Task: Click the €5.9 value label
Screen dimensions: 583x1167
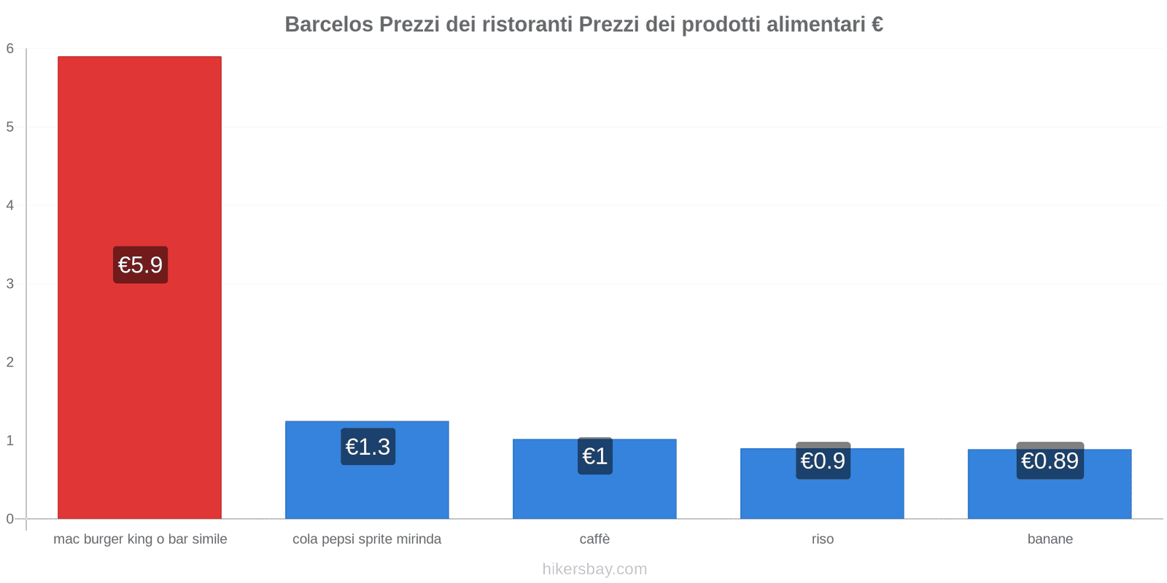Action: (x=141, y=265)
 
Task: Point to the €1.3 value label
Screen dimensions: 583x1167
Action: (x=368, y=447)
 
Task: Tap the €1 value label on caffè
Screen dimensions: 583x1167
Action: (x=595, y=456)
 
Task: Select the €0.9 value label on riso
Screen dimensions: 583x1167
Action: (x=823, y=461)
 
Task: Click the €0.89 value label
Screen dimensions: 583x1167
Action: (x=1050, y=461)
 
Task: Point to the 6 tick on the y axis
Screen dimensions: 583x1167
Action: (x=10, y=49)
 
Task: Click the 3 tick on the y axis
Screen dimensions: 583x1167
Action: (x=10, y=283)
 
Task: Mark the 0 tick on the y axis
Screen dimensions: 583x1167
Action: (x=10, y=519)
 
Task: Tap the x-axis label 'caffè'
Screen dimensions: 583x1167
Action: (x=594, y=539)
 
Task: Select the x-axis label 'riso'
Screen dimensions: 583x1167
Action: (x=822, y=539)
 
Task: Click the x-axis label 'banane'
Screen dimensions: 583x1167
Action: (x=1050, y=539)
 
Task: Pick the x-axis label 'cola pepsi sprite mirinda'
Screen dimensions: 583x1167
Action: (x=367, y=539)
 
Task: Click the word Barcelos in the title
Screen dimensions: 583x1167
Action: (x=329, y=25)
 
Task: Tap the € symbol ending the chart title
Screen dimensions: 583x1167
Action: (x=877, y=25)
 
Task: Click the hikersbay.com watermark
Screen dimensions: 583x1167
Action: (x=594, y=569)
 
